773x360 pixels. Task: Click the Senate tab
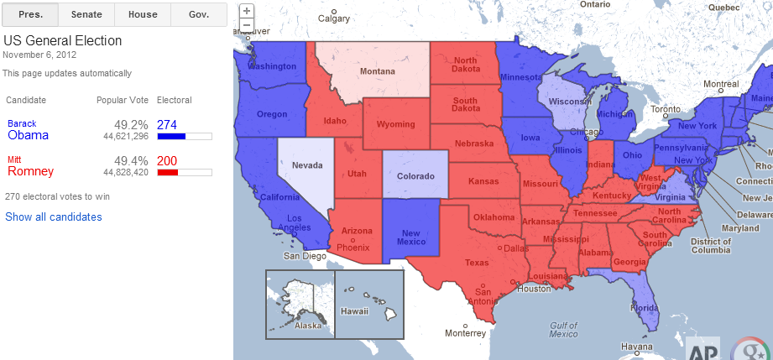[86, 14]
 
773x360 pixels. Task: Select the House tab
[142, 14]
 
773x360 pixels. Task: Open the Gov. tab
[199, 14]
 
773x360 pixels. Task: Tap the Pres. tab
[30, 14]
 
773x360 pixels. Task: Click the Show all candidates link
[54, 217]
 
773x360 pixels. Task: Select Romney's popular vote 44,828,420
[126, 172]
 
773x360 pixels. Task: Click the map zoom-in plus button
[247, 11]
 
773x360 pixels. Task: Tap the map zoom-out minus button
[247, 25]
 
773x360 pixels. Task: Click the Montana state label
[377, 71]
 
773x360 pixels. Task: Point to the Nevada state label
[307, 165]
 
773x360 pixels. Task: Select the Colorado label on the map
[415, 176]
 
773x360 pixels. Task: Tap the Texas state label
[476, 263]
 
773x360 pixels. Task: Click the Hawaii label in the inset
[355, 310]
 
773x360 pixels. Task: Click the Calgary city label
[334, 18]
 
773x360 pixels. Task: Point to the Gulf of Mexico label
[563, 329]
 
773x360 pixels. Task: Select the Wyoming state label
[395, 124]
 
